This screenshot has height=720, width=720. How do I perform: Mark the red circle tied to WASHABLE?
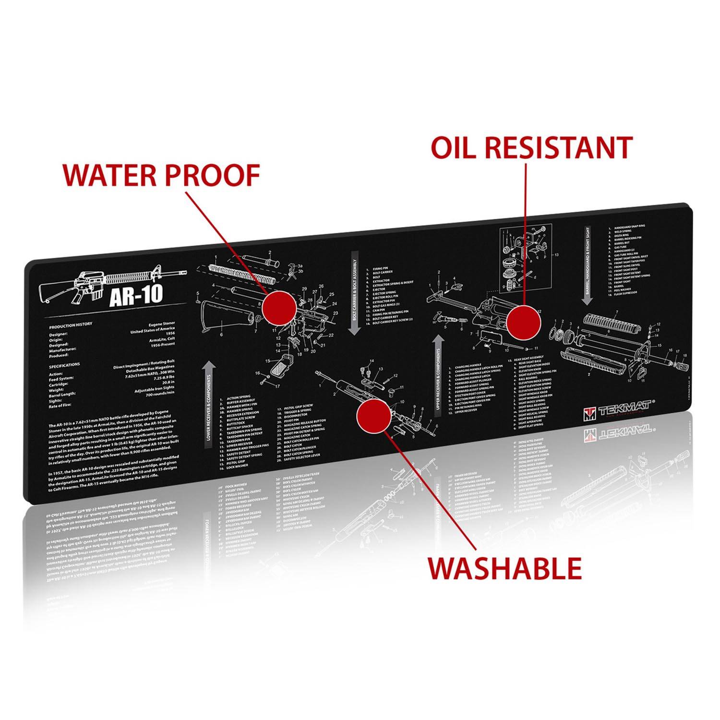[374, 415]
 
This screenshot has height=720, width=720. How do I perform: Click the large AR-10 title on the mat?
[136, 295]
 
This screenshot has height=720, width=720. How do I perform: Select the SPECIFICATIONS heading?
[64, 366]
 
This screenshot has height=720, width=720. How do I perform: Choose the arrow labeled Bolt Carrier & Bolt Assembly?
[355, 293]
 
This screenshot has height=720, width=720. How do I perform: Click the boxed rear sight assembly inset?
[525, 258]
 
